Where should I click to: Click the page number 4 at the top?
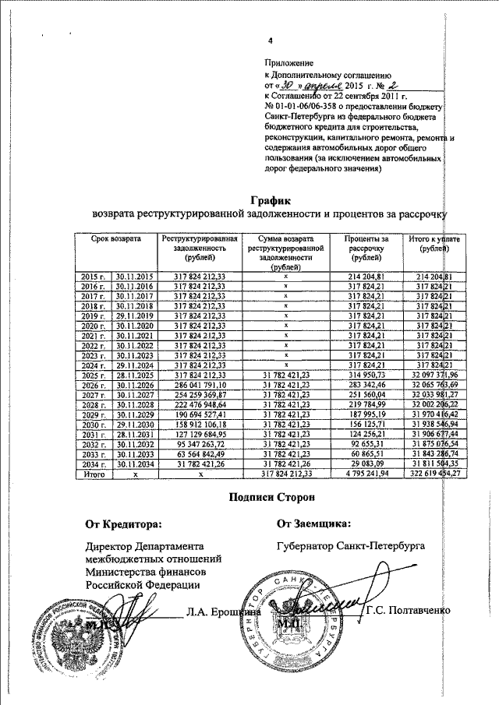(x=271, y=41)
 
